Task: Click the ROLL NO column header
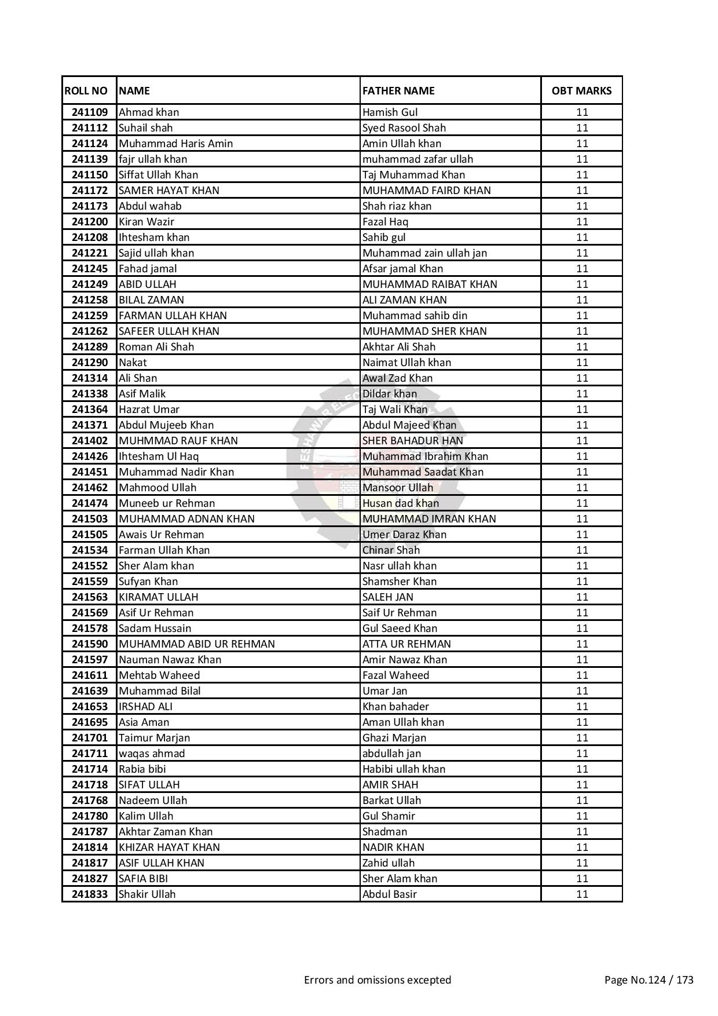click(86, 90)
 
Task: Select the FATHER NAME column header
click(398, 90)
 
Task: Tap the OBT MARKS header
click(581, 90)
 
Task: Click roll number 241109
click(90, 112)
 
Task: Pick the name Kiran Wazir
click(146, 222)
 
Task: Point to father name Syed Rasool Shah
click(404, 128)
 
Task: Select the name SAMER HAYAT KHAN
click(168, 191)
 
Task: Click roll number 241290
click(90, 363)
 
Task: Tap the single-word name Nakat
click(133, 363)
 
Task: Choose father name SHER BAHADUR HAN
click(412, 441)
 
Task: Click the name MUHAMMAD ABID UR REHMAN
click(196, 644)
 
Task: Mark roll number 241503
click(90, 519)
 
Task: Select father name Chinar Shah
click(391, 550)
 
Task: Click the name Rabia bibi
click(142, 769)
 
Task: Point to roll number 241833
click(90, 894)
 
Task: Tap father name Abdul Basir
click(390, 894)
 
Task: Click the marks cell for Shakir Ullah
click(581, 894)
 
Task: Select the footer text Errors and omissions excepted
click(377, 980)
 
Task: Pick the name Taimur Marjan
click(154, 738)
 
